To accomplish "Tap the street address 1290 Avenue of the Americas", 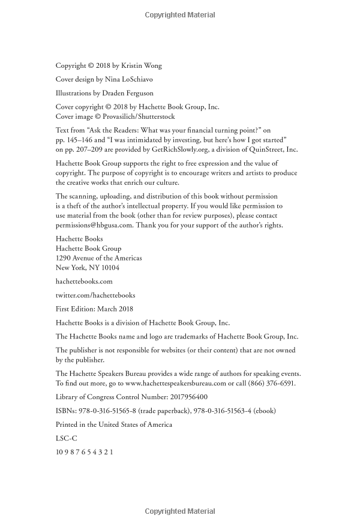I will [99, 257].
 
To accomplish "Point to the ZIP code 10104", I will [109, 268].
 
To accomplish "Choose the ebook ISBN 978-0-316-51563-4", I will [224, 411].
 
